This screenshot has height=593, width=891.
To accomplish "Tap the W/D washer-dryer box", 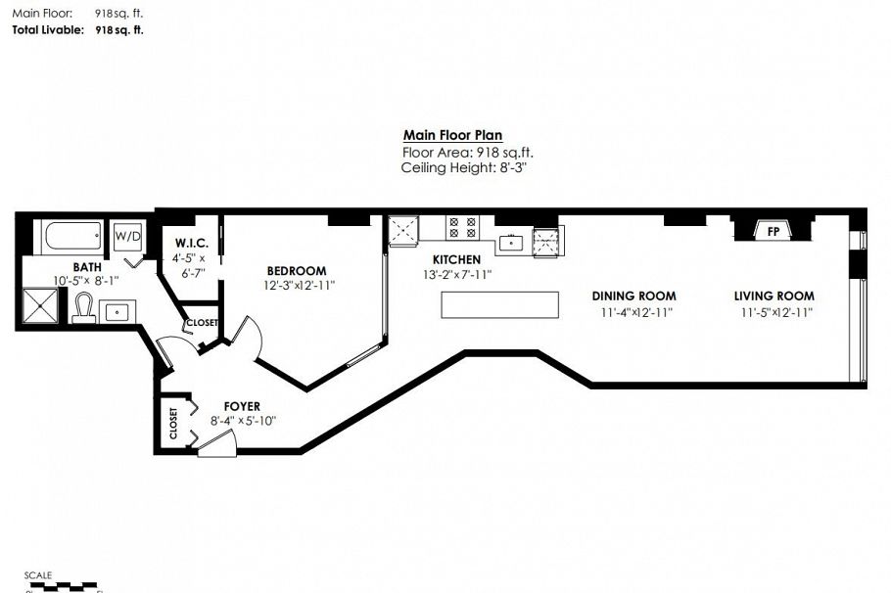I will pos(127,236).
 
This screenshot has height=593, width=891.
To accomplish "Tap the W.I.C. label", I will pos(189,243).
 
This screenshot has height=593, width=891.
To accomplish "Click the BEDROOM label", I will pos(297,271).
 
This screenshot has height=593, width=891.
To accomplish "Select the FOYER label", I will pos(241,406).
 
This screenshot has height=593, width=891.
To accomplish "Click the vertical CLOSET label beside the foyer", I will pos(173,424).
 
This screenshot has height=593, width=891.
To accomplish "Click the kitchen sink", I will pos(510,241).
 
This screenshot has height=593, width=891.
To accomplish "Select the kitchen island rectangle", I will pos(499,305).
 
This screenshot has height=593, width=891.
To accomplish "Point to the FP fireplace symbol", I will pos(774,232).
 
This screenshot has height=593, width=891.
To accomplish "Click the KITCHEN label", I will pos(450,260).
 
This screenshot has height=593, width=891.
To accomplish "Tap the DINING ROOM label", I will pos(633,296).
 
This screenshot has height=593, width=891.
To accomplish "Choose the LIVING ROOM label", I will pos(774,296).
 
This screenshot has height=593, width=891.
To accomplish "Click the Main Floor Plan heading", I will pos(452,136).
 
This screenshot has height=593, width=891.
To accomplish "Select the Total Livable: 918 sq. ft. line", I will pos(77,30).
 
